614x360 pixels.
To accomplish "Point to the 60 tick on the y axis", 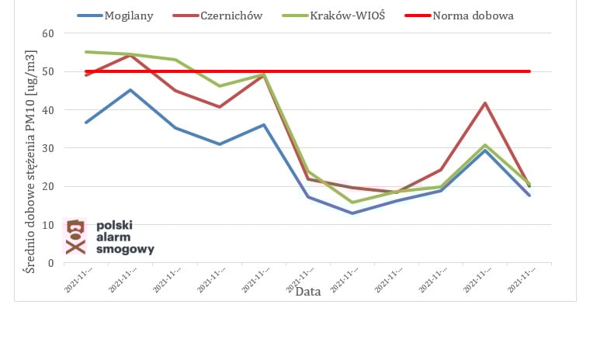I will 48,33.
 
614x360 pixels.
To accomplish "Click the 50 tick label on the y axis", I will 48,71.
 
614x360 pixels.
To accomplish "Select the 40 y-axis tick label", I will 48,109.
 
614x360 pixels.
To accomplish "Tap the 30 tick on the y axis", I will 48,147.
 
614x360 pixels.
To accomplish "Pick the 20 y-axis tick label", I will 48,186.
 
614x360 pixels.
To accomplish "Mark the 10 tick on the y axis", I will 48,224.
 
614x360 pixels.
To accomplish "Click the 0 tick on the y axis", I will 51,262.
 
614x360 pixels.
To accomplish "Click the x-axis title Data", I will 308,292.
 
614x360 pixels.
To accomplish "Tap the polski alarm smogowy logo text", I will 125,237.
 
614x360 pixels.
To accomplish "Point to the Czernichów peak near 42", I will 485,103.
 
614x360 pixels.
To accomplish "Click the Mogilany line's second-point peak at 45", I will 130,90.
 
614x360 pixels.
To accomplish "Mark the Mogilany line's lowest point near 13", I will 352,213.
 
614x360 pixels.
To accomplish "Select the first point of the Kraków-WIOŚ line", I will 86,52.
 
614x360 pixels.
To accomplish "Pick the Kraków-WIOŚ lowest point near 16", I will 352,202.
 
